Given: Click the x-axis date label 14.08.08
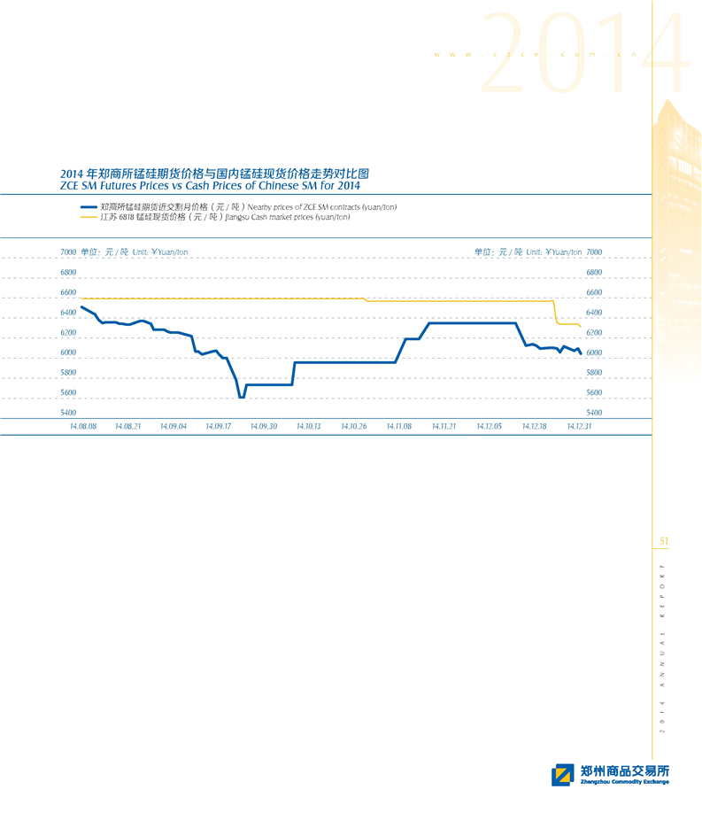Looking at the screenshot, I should tap(83, 426).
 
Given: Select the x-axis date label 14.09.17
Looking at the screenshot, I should tap(219, 426).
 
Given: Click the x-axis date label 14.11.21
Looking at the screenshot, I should tap(444, 426).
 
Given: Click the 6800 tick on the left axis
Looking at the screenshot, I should tap(69, 272).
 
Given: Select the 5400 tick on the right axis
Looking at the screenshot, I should tap(595, 413).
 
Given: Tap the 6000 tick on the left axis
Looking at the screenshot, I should tap(69, 352).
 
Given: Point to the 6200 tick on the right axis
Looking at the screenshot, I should tap(595, 333).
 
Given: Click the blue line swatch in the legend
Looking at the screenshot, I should tap(88, 206).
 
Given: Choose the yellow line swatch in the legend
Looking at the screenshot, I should tap(88, 217).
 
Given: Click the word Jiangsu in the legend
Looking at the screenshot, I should tap(239, 217).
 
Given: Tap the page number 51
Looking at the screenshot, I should tap(664, 541).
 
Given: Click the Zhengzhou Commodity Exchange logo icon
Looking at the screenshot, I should tap(562, 775).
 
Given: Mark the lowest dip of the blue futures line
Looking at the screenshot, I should tap(242, 398).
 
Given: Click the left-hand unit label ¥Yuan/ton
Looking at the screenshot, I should tap(170, 252).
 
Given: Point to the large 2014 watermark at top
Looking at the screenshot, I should tap(584, 55).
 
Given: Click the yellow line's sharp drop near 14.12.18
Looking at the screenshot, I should tap(555, 313).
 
